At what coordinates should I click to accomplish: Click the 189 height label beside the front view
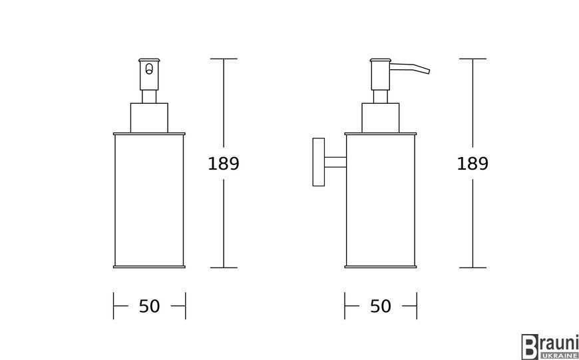coord(224,164)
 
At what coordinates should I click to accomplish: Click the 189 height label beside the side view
coord(473,164)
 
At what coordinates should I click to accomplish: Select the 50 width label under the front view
coord(149,306)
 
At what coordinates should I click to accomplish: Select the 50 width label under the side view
coord(380,306)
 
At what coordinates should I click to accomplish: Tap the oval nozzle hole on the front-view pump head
coord(149,69)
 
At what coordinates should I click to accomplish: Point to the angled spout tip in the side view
coord(429,71)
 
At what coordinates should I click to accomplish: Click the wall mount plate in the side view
coord(319,162)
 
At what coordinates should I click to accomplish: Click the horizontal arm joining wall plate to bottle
coord(335,162)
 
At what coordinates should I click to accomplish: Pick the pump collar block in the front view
coord(149,118)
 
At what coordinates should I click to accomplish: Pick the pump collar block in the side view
coord(380,118)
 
